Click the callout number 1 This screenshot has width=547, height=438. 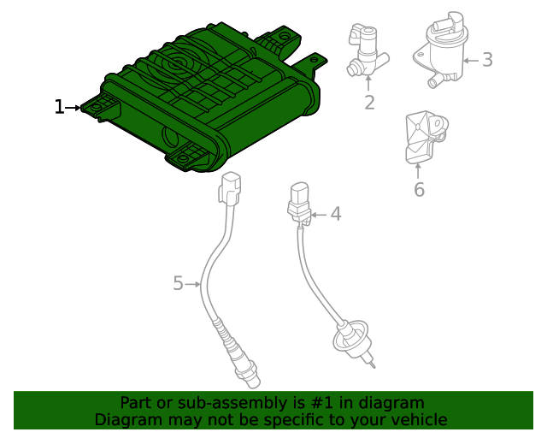pyautogui.click(x=59, y=107)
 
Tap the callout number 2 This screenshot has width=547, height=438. pyautogui.click(x=369, y=104)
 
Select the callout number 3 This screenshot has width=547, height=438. pyautogui.click(x=487, y=60)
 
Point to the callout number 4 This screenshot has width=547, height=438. pyautogui.click(x=336, y=214)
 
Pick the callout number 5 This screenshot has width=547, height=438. pyautogui.click(x=178, y=283)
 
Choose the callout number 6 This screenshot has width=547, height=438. pyautogui.click(x=419, y=190)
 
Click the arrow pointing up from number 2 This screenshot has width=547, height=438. pyautogui.click(x=369, y=84)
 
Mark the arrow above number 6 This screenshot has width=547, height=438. pyautogui.click(x=419, y=169)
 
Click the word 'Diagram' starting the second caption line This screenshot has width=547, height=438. pyautogui.click(x=127, y=419)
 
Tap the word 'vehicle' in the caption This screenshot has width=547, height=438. pyautogui.click(x=417, y=419)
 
